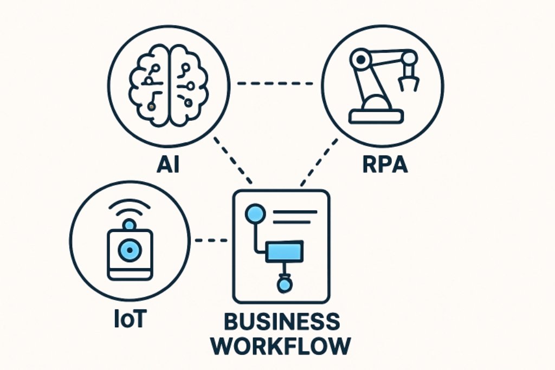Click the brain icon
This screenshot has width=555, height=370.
(x=169, y=85)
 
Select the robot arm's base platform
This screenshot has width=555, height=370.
(x=376, y=115)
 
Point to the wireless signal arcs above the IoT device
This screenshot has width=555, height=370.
(x=129, y=209)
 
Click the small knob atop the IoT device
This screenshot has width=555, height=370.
(x=129, y=225)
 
